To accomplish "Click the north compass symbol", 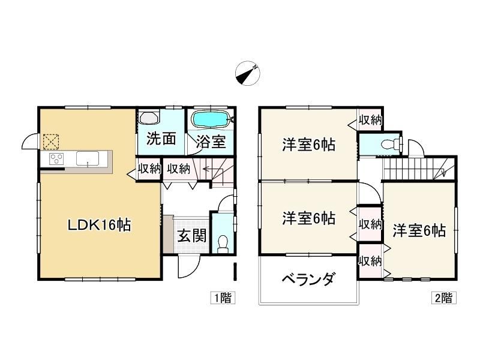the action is pyautogui.click(x=247, y=74).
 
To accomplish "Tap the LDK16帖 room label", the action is pyautogui.click(x=99, y=226).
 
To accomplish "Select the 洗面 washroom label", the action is pyautogui.click(x=161, y=139).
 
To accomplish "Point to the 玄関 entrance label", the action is pyautogui.click(x=192, y=236).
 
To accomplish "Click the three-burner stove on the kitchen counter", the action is pyautogui.click(x=56, y=159).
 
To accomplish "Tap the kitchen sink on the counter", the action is pyautogui.click(x=88, y=158).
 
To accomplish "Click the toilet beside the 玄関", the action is pyautogui.click(x=223, y=244).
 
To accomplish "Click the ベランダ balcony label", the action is pyautogui.click(x=308, y=279).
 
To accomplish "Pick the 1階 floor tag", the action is pyautogui.click(x=223, y=298).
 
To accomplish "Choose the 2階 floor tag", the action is pyautogui.click(x=444, y=298).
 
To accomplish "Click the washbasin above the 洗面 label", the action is pyautogui.click(x=149, y=118).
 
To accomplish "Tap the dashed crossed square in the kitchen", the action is pyautogui.click(x=51, y=142).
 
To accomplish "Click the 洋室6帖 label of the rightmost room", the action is pyautogui.click(x=419, y=230).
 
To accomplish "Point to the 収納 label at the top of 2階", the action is pyautogui.click(x=370, y=121).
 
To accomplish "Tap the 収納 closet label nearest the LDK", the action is pyautogui.click(x=149, y=169).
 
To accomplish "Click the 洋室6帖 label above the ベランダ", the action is pyautogui.click(x=308, y=218).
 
